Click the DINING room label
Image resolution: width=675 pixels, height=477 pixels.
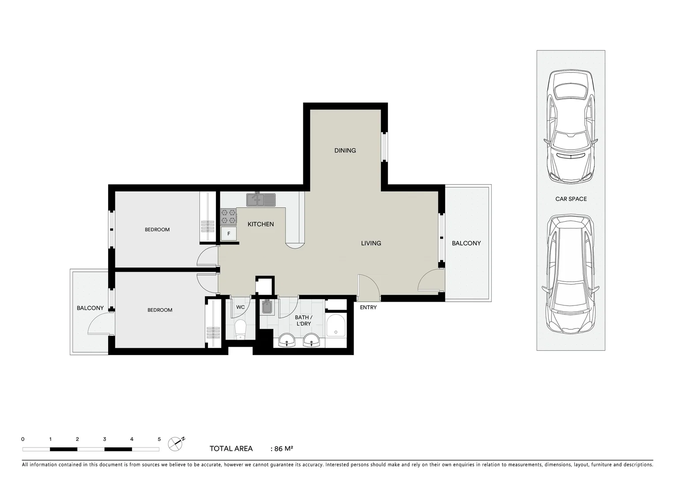345,151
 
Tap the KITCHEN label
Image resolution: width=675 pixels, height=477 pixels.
260,224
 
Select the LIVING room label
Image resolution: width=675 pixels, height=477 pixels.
371,243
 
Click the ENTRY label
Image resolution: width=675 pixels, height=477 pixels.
368,307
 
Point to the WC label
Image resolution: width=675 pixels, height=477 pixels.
240,307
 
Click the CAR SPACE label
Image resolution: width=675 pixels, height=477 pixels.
571,199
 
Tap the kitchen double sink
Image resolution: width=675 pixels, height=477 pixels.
260,200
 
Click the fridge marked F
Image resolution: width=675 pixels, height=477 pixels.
228,234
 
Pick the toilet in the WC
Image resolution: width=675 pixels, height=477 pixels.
240,329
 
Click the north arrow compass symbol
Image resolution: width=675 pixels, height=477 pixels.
176,443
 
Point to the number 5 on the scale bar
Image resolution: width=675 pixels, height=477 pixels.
159,439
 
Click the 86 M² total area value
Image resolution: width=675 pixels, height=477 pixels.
283,449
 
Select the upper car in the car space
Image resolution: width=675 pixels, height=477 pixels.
571,126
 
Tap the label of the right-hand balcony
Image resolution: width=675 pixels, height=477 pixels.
466,243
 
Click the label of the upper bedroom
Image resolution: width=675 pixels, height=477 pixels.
157,230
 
